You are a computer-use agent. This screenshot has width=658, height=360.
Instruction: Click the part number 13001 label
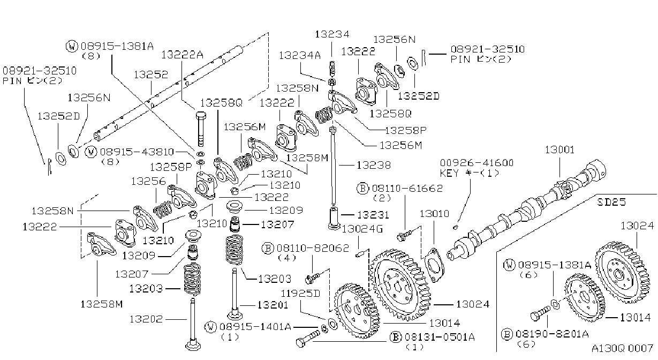(559, 150)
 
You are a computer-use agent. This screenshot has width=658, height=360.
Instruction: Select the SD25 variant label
(611, 202)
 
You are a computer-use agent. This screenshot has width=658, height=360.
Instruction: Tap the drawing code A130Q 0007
(622, 348)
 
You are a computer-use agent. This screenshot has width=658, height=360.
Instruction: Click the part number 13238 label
(374, 166)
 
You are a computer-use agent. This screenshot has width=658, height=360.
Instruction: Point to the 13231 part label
(373, 215)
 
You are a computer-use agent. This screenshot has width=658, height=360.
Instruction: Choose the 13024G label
(362, 229)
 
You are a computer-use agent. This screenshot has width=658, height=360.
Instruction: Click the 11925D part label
(300, 294)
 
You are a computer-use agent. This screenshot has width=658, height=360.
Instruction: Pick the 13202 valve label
(146, 319)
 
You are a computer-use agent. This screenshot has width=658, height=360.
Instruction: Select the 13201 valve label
(273, 305)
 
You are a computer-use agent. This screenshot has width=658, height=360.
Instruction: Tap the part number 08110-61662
(407, 189)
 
